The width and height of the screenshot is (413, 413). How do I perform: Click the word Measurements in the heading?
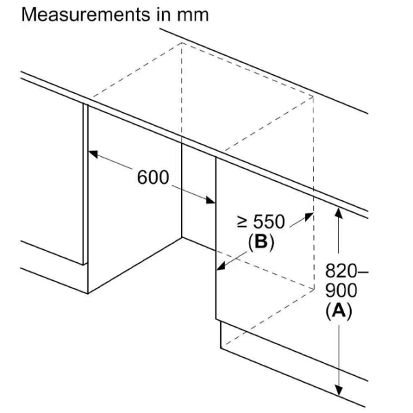(85, 14)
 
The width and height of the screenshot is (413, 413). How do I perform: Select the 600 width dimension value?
(153, 178)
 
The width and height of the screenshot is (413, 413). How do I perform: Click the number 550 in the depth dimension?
(269, 222)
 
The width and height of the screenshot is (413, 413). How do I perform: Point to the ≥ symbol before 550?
(242, 222)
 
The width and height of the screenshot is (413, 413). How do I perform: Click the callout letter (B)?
(262, 242)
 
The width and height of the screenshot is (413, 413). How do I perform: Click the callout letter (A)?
(339, 311)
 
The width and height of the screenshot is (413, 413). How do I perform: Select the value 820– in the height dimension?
(347, 271)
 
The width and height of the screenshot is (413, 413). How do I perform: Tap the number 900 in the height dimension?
(341, 290)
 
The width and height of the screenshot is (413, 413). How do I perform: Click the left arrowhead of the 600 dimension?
(93, 153)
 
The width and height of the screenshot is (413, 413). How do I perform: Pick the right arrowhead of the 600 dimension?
(211, 200)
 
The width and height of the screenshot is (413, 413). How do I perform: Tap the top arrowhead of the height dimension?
(339, 213)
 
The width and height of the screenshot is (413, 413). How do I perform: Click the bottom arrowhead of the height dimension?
(339, 390)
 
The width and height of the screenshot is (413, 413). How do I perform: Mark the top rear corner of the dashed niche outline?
(182, 43)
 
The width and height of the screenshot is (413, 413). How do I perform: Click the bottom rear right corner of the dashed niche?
(314, 290)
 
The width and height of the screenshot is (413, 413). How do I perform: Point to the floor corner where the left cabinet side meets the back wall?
(182, 237)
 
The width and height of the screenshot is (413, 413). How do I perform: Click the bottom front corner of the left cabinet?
(87, 293)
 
